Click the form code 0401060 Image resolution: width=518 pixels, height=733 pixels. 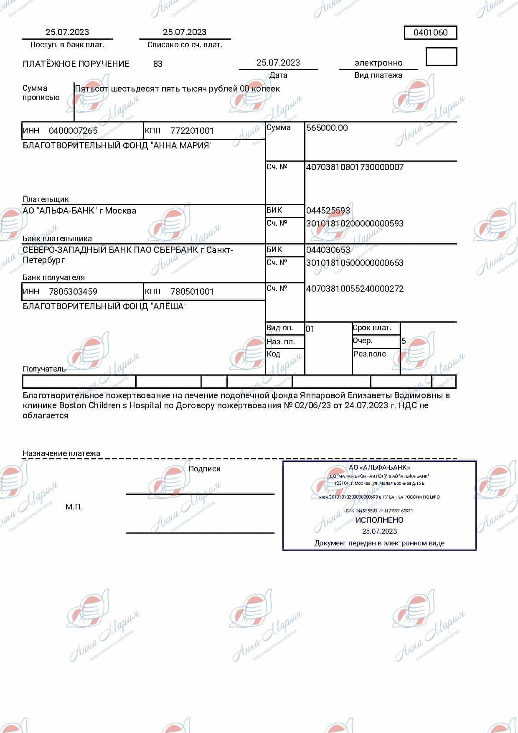coord(430,33)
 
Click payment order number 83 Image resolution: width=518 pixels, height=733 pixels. coord(158,64)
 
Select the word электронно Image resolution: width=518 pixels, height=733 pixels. coord(378,63)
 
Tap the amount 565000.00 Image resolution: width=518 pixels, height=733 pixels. coord(327,128)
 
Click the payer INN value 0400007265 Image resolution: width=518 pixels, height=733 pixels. coord(73,131)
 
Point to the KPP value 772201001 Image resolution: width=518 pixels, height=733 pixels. coord(192,131)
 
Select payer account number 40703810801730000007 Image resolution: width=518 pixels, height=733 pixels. coord(355,167)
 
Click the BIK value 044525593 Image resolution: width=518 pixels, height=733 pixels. coord(328,211)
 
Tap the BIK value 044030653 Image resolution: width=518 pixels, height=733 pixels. coord(328,250)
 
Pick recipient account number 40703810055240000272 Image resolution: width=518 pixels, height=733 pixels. coord(355,289)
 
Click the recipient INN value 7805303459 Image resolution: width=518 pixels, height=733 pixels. coord(73,292)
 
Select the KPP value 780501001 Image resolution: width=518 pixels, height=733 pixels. coord(192,292)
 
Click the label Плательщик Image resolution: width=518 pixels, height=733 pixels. coord(46,199)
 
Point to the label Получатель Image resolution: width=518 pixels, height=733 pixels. coord(44,369)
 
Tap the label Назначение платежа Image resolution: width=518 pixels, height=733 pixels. coord(61,453)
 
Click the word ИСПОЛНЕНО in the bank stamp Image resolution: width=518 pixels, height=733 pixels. coord(379,520)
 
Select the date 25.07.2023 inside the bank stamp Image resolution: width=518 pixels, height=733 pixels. coord(379,532)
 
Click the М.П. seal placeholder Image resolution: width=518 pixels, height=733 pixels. coord(74,507)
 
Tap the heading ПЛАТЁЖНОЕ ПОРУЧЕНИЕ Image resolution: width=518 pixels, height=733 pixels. coord(76,64)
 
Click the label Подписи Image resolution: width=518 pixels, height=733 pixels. coord(204,469)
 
